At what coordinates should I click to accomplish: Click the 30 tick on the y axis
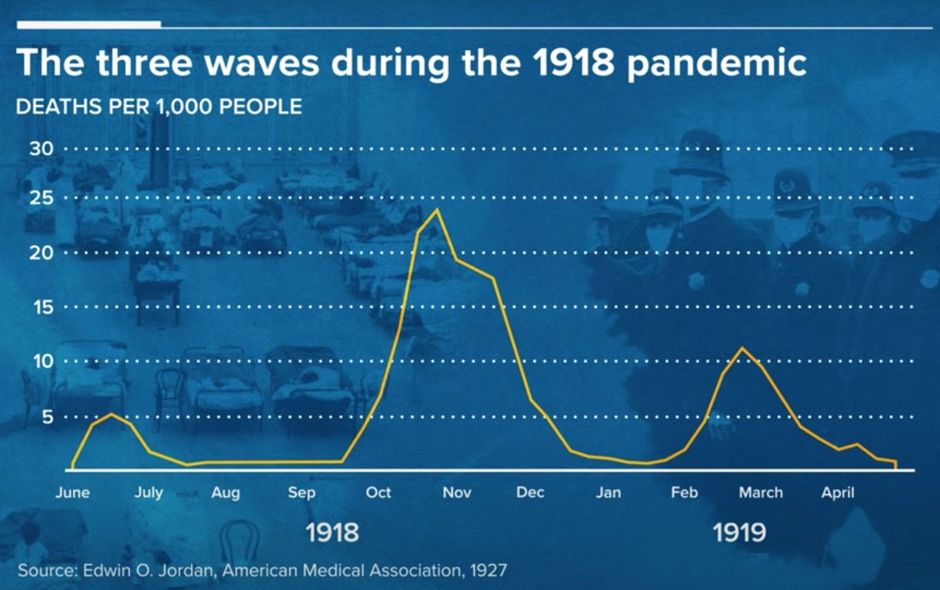coord(41,149)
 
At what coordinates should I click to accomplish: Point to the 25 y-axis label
coord(41,198)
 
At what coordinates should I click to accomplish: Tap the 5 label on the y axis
coord(47,417)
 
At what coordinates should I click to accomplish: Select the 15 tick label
coord(43,307)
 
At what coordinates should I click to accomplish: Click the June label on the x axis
coord(73,493)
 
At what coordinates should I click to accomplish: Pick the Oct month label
coord(378,493)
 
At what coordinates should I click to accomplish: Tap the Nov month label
coord(457,493)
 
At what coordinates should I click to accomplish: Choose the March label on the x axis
coord(760,493)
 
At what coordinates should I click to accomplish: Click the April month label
coord(838,493)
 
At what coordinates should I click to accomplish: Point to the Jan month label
coord(608,493)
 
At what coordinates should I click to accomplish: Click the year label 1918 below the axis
coord(332,533)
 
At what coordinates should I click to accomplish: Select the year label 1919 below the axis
coord(739,533)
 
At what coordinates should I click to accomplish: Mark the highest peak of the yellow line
coord(436,210)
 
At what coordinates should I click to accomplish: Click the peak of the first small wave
coord(111,414)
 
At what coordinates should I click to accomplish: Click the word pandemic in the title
coord(716,63)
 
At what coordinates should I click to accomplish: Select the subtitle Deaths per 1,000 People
coord(159,107)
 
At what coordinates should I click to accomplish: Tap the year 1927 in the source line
coord(489,571)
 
